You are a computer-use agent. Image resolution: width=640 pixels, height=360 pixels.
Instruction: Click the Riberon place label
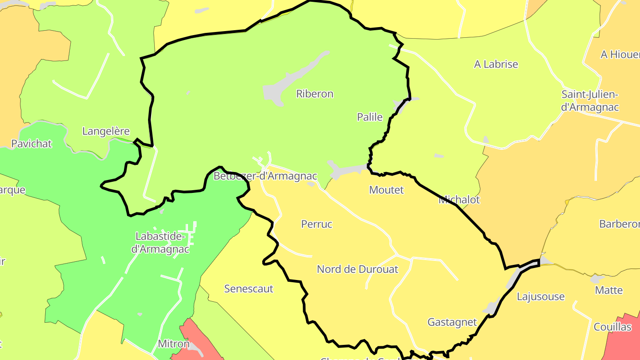tap(315, 94)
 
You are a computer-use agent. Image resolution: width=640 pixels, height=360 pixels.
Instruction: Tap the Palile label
tap(370, 117)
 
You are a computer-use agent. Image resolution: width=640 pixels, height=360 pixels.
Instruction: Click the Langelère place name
tap(106, 131)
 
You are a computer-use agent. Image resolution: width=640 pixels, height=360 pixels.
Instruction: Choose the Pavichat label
tap(32, 144)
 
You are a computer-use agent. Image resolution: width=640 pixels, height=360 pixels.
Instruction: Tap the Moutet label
tap(387, 190)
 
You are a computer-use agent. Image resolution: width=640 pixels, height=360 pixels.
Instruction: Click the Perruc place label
tap(316, 224)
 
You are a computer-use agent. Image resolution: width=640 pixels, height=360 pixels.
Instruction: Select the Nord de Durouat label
tap(357, 269)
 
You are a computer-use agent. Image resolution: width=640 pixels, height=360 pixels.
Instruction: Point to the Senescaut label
tap(248, 289)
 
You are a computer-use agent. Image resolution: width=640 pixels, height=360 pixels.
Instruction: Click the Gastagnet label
tap(452, 322)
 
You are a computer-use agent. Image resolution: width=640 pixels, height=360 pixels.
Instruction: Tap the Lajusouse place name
tap(540, 296)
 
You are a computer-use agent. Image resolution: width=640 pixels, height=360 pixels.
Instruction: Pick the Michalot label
tap(459, 200)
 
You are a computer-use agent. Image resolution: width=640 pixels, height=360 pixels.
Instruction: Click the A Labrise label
tap(496, 64)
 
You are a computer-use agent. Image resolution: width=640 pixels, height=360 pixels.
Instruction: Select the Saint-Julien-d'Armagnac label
tap(590, 101)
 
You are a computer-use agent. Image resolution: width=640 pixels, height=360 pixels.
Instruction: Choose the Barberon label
tap(619, 224)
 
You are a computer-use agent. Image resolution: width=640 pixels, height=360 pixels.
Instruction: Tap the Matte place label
tap(609, 290)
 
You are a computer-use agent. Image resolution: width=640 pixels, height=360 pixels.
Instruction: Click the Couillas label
tap(612, 327)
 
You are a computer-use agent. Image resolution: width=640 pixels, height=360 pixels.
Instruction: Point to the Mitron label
tap(173, 344)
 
